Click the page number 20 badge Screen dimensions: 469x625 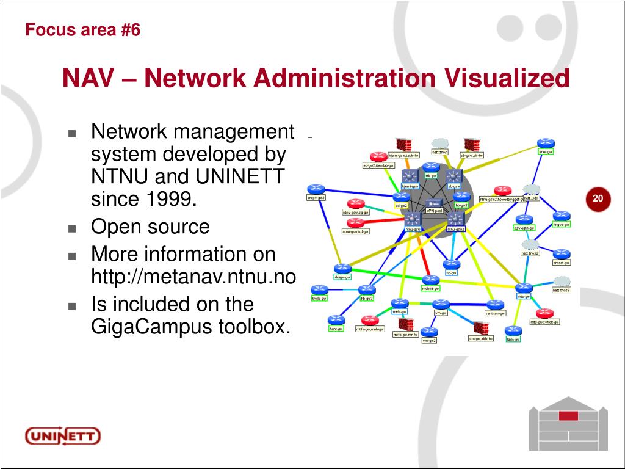[598, 198]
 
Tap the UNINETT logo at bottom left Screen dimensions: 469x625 [62, 436]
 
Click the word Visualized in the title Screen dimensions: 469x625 [507, 78]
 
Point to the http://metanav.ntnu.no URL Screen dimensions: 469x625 [193, 277]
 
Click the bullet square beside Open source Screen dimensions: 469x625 [72, 228]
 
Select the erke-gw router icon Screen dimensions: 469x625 [545, 142]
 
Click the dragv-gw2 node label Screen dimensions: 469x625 [316, 197]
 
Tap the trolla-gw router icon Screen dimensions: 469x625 [319, 289]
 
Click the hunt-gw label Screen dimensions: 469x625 [336, 329]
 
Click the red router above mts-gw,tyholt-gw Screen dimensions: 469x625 [544, 312]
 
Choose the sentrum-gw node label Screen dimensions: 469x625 [495, 313]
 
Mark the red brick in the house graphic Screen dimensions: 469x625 [568, 415]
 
